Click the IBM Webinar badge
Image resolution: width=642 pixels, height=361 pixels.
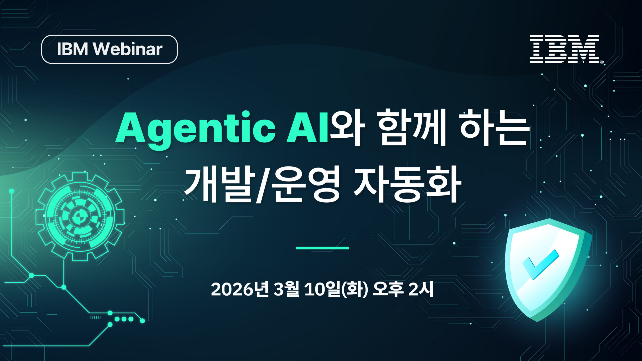(x=109, y=49)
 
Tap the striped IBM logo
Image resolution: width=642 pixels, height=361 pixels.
(x=564, y=49)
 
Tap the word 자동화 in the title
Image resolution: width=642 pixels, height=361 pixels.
(x=407, y=184)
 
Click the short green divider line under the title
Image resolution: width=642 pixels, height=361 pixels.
(x=322, y=248)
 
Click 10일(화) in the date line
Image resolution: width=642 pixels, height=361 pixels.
(x=336, y=290)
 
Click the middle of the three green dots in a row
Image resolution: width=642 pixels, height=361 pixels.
(x=124, y=319)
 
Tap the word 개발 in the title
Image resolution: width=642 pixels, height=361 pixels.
(x=218, y=184)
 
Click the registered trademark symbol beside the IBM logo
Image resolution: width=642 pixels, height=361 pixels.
(x=602, y=62)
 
